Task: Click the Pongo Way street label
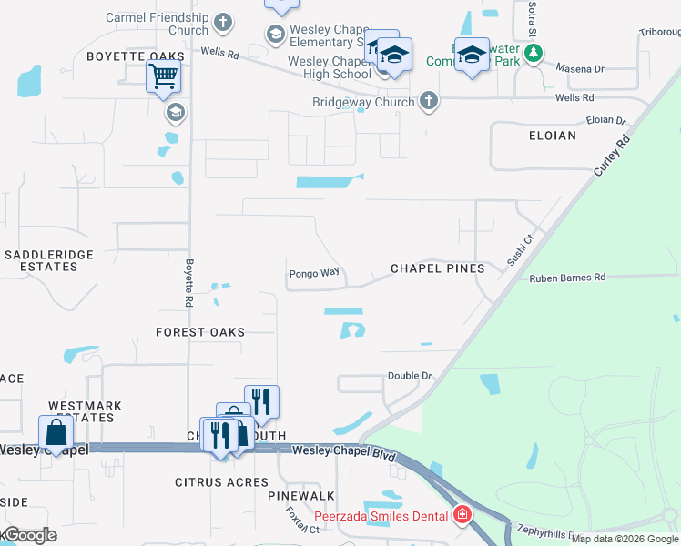click(x=314, y=273)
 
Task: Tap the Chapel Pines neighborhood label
click(x=437, y=268)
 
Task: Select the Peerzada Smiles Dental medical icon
click(x=462, y=516)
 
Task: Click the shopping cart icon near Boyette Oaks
click(x=163, y=77)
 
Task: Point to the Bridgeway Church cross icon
click(x=428, y=102)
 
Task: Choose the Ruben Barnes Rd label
click(x=567, y=278)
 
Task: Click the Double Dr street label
click(x=409, y=375)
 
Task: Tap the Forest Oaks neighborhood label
click(x=200, y=332)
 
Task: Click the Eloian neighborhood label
click(x=552, y=136)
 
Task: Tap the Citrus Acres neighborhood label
click(x=222, y=482)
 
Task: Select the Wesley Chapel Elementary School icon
click(x=275, y=35)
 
